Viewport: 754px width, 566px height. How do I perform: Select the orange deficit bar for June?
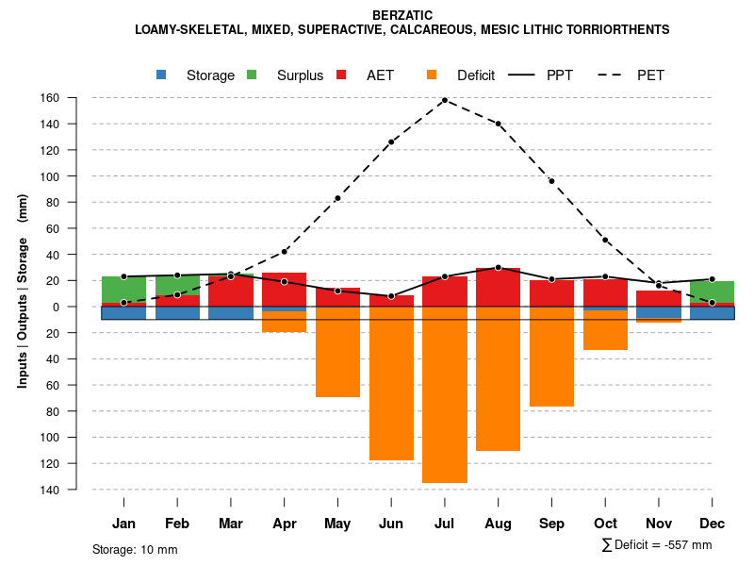[x=391, y=383]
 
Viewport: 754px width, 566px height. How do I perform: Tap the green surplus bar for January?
[x=123, y=290]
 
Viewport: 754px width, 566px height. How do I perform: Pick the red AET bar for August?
[x=499, y=287]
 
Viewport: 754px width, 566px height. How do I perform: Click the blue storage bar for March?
[x=231, y=313]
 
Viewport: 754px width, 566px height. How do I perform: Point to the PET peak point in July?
[x=445, y=100]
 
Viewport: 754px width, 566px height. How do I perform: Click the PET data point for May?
[x=337, y=198]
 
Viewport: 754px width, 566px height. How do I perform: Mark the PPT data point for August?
[x=499, y=268]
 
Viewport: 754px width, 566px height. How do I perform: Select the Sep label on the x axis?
[x=552, y=524]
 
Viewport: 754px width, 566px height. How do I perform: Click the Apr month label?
[x=285, y=524]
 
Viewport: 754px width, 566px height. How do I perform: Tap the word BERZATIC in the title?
[x=402, y=15]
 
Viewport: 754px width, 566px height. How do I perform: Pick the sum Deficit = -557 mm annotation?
[x=656, y=545]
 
